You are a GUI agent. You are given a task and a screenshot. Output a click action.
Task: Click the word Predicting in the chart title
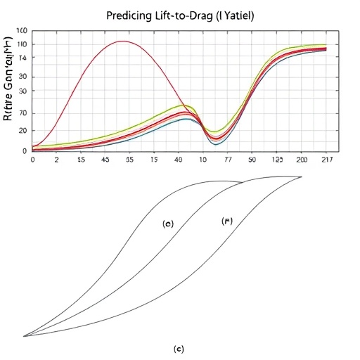click(130, 15)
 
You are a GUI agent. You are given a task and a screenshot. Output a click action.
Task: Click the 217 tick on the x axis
click(326, 160)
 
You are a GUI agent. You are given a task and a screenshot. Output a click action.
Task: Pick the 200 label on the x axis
click(302, 160)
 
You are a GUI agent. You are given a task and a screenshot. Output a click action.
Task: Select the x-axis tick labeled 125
click(277, 160)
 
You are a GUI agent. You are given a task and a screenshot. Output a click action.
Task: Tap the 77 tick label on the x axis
click(227, 160)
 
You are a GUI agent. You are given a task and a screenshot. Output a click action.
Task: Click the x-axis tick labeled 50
click(252, 160)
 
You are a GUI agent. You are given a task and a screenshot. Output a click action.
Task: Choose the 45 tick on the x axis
click(106, 160)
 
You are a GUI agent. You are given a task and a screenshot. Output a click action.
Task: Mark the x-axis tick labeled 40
click(179, 160)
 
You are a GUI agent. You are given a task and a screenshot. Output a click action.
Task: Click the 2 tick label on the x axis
click(56, 160)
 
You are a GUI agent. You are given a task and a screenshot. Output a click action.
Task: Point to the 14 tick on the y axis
click(22, 58)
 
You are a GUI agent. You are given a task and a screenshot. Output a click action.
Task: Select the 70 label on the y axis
click(22, 112)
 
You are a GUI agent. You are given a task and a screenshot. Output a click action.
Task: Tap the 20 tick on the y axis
click(22, 131)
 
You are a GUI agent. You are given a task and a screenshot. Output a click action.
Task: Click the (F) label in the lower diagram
click(227, 221)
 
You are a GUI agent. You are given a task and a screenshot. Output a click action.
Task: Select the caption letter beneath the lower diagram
click(180, 349)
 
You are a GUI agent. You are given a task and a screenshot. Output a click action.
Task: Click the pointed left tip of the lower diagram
click(25, 336)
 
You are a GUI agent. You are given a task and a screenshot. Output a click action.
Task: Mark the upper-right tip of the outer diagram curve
click(301, 176)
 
